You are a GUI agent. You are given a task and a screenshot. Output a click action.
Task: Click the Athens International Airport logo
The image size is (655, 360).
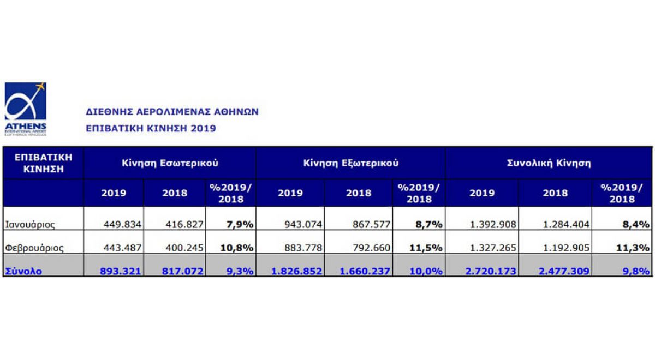tap(26, 109)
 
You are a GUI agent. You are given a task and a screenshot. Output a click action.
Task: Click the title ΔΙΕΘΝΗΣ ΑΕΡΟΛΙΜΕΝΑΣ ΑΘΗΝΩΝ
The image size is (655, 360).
tap(172, 112)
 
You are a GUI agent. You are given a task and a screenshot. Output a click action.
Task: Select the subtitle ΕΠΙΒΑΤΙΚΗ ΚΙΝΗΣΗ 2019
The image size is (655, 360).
tap(151, 129)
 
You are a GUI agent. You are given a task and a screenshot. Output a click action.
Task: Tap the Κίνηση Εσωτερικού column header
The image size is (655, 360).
tap(170, 163)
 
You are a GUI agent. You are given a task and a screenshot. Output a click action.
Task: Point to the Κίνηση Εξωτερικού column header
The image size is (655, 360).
tap(350, 163)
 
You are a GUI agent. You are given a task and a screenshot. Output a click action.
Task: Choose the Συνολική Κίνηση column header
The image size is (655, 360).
tap(549, 163)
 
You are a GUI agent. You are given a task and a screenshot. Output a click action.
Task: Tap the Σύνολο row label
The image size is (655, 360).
tap(23, 271)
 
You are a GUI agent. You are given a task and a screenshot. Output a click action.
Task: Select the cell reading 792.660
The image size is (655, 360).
tap(371, 248)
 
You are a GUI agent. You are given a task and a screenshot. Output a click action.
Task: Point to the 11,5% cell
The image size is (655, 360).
tap(425, 248)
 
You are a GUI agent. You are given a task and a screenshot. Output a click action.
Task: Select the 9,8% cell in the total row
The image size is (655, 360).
tap(635, 271)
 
